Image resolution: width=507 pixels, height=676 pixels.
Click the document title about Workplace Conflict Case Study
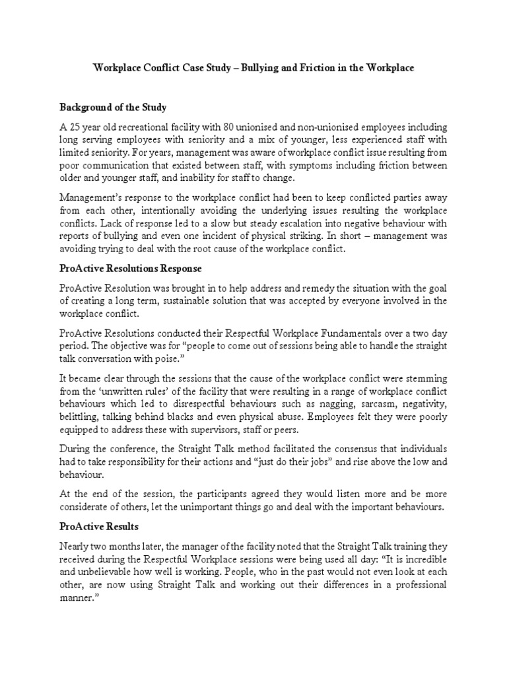pos(253,69)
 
